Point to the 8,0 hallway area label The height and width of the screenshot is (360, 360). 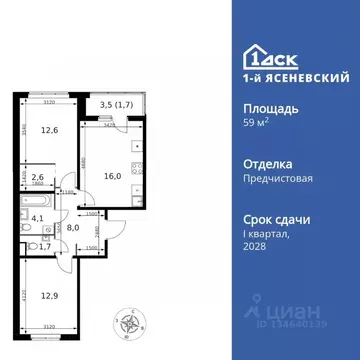pyautogui.click(x=72, y=226)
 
